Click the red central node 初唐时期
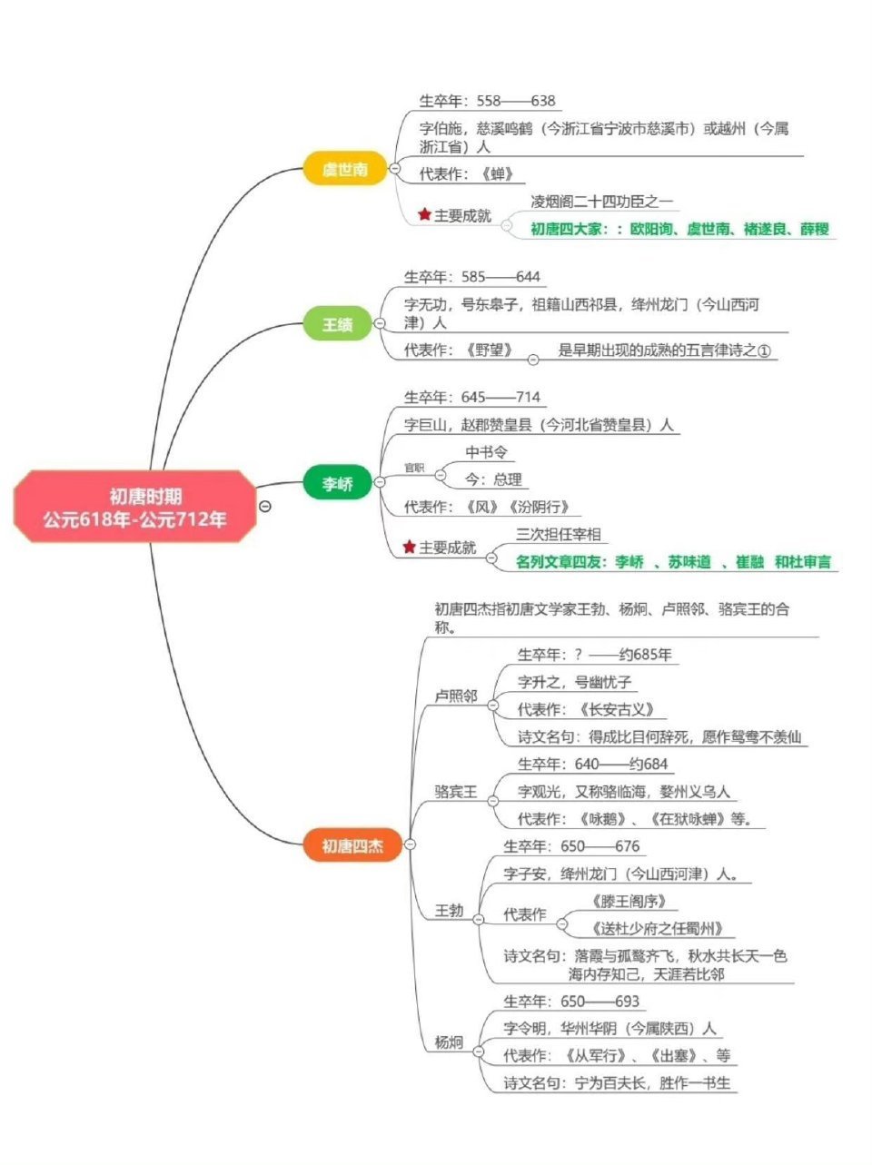pyautogui.click(x=134, y=507)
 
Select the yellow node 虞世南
pyautogui.click(x=345, y=169)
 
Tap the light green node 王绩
pyautogui.click(x=338, y=323)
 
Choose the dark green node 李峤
pyautogui.click(x=338, y=483)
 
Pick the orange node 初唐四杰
pyautogui.click(x=352, y=846)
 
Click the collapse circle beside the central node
pyautogui.click(x=264, y=507)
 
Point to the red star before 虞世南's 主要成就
pyautogui.click(x=424, y=215)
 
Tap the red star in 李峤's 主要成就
pyautogui.click(x=410, y=548)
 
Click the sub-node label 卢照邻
pyautogui.click(x=456, y=696)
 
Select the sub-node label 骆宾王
pyautogui.click(x=456, y=792)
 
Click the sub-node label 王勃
pyautogui.click(x=449, y=910)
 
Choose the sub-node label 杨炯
pyautogui.click(x=449, y=1042)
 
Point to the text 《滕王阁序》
pyautogui.click(x=629, y=901)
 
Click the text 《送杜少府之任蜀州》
pyautogui.click(x=656, y=928)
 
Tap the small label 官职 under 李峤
pyautogui.click(x=413, y=468)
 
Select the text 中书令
pyautogui.click(x=487, y=452)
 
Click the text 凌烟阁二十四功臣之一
pyautogui.click(x=602, y=201)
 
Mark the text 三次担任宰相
pyautogui.click(x=559, y=534)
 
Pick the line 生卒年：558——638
pyautogui.click(x=487, y=101)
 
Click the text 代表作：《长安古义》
pyautogui.click(x=586, y=709)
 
